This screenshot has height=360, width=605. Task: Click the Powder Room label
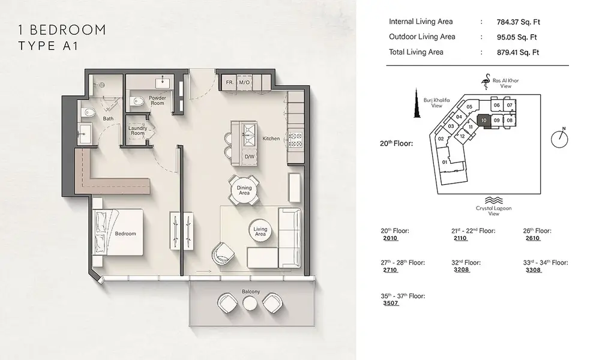(x=157, y=101)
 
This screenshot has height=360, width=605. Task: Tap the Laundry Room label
(x=137, y=130)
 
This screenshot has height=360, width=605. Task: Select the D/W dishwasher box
(x=250, y=157)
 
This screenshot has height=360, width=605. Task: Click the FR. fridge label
(x=229, y=82)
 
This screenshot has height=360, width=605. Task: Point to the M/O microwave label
(x=244, y=82)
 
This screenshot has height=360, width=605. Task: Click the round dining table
(x=244, y=190)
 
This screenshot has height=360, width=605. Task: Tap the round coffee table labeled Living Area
(x=260, y=231)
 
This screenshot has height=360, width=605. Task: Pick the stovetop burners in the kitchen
(x=296, y=140)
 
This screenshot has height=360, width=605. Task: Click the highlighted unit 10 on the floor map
(x=484, y=121)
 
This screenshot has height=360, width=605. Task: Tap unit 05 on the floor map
(x=469, y=107)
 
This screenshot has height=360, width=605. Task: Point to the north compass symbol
(x=559, y=138)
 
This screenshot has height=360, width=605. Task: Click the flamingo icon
(x=486, y=82)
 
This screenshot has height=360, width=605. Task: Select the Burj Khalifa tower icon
(x=417, y=103)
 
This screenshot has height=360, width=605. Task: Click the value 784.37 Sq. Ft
(x=518, y=22)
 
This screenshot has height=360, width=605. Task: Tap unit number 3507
(x=391, y=303)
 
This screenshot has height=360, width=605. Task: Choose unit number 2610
(x=533, y=238)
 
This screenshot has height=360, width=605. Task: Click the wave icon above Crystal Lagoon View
(x=493, y=200)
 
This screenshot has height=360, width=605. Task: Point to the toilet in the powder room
(x=136, y=101)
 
